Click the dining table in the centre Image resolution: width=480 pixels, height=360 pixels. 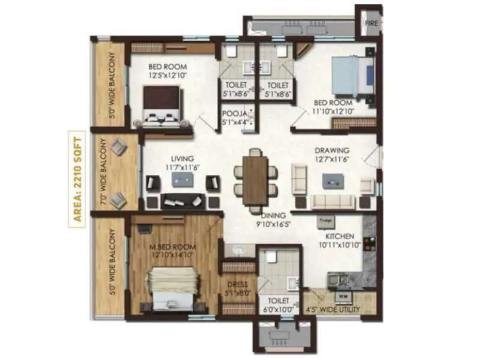point(256,180)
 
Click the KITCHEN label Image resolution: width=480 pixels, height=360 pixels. point(340,236)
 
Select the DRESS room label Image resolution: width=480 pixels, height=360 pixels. point(238,285)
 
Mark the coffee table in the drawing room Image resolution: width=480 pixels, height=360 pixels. point(332,180)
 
